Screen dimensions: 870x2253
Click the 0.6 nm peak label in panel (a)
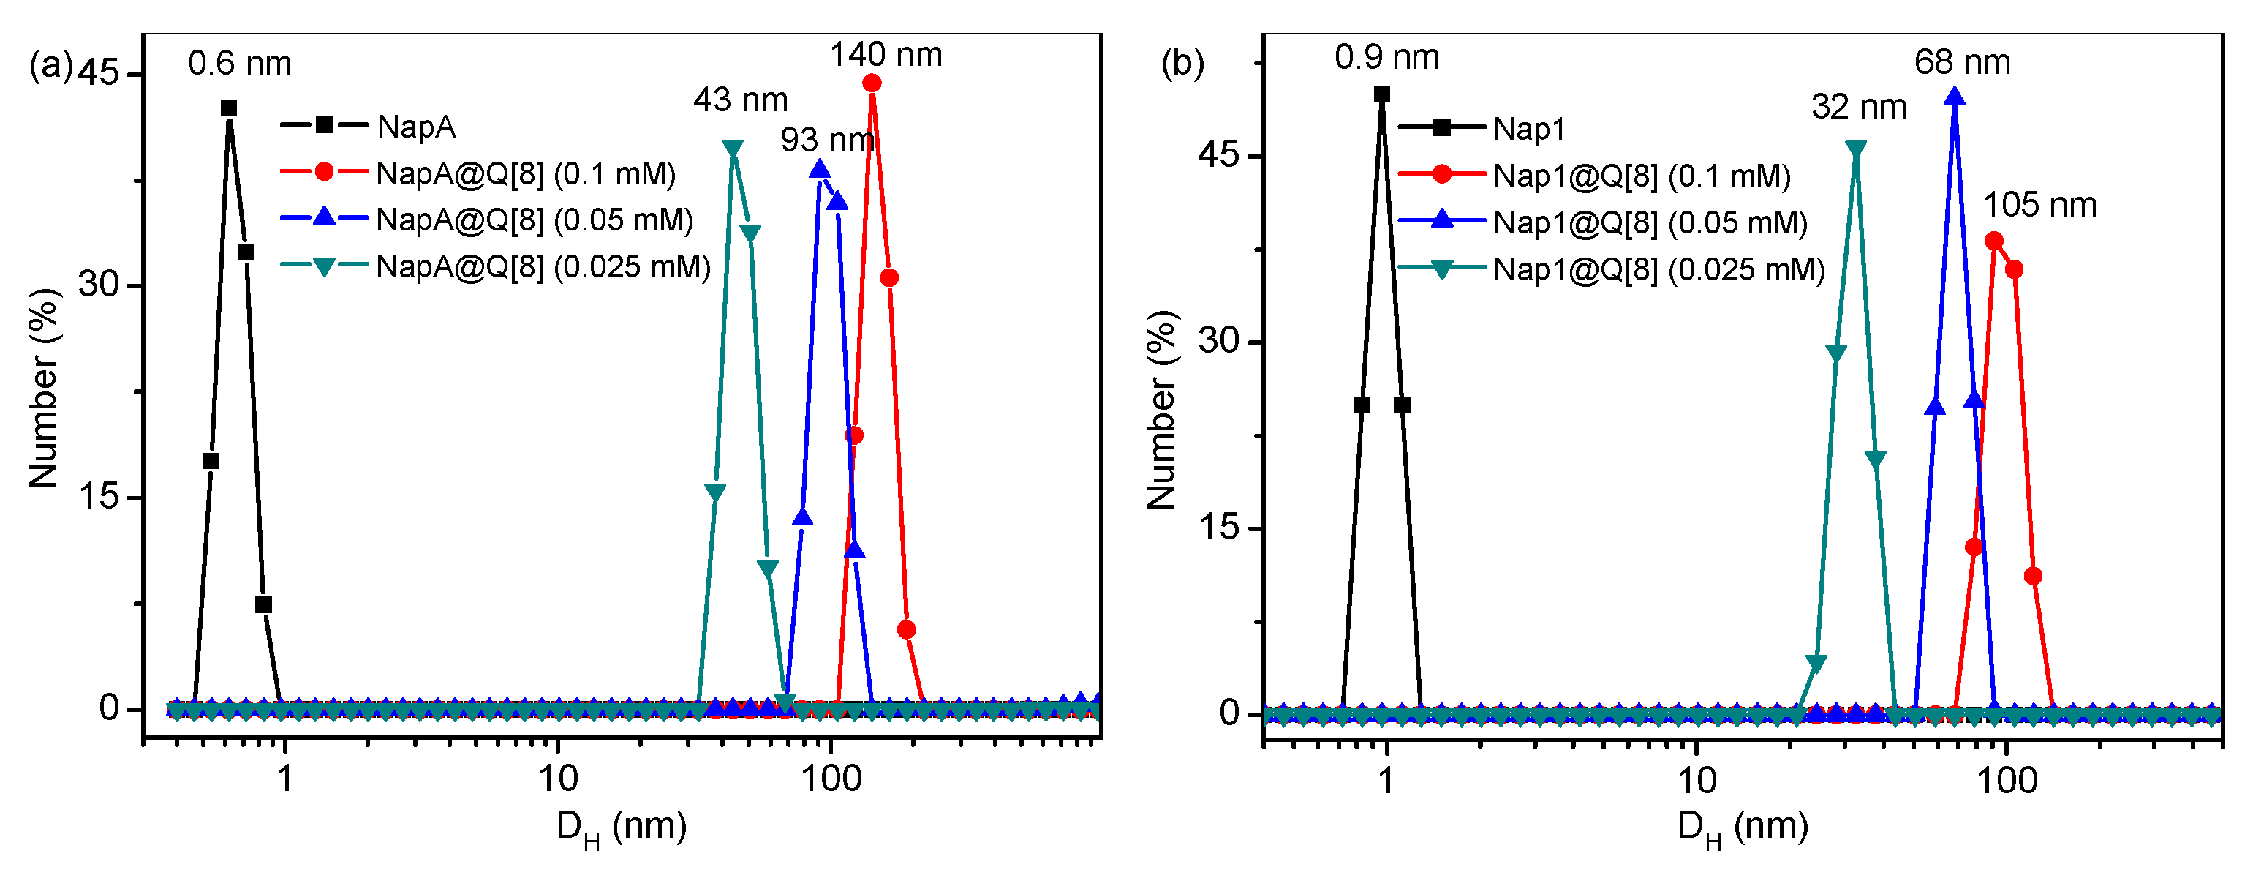tap(240, 64)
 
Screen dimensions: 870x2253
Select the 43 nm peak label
tap(740, 100)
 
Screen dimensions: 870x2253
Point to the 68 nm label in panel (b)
tap(1962, 62)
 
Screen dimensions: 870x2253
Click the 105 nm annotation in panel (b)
tap(2039, 205)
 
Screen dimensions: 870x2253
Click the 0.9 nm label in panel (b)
tap(1386, 58)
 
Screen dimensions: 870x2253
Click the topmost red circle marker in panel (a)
tap(871, 83)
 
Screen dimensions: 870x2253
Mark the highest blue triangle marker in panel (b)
tap(1955, 97)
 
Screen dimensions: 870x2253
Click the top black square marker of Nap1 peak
tap(1382, 94)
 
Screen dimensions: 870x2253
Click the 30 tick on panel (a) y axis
tap(98, 285)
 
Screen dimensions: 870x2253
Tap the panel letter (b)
tap(1182, 63)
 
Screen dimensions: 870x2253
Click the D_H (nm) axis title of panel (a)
tap(621, 827)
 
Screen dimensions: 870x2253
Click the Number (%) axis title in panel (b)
tap(1161, 410)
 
